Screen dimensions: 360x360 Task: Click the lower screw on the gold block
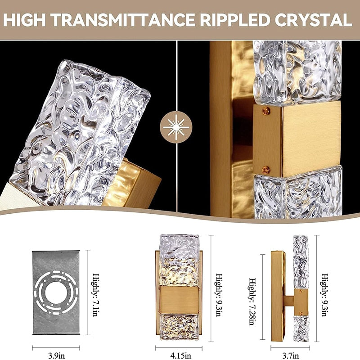266,169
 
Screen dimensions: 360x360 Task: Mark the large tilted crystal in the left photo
81,135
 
